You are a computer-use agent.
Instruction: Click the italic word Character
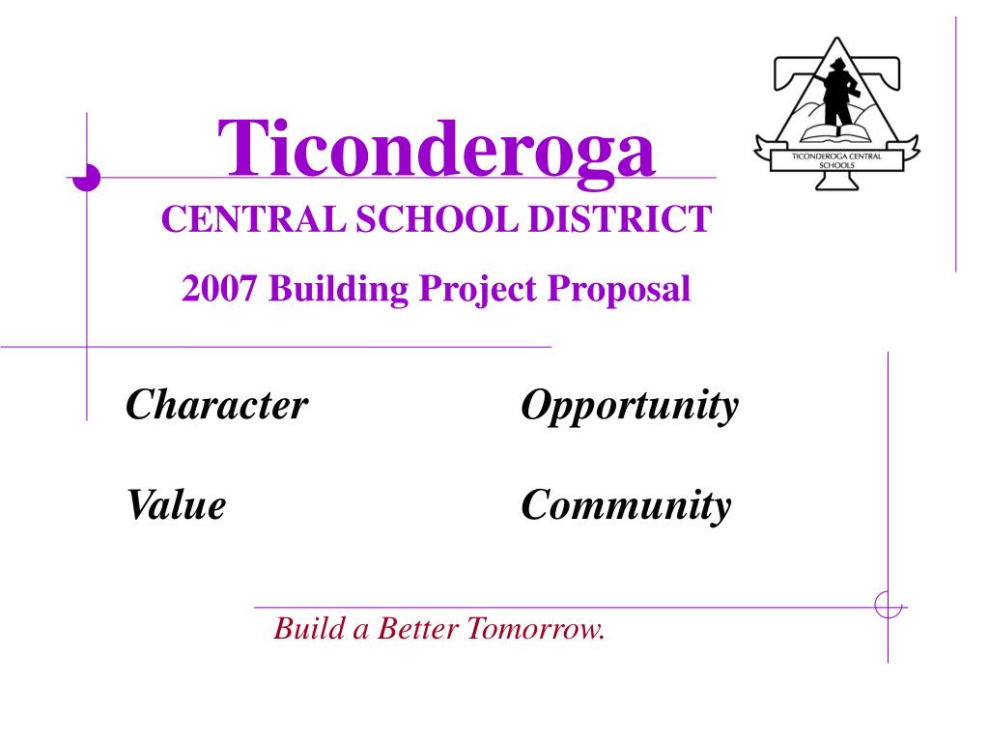216,405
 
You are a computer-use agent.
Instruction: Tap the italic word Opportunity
629,406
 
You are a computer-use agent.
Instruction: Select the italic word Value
176,504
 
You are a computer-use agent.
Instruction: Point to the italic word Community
626,505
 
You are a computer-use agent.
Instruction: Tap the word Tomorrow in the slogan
536,629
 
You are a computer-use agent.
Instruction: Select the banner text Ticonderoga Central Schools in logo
836,159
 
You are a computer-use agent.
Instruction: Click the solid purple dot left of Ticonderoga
88,178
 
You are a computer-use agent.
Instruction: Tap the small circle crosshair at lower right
888,606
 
